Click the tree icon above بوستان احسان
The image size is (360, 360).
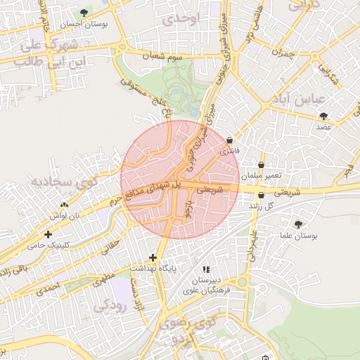85,13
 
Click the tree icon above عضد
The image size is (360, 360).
323,116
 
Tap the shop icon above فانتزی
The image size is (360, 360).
230,141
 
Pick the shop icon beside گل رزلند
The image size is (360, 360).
262,195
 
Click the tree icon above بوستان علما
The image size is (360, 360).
299,225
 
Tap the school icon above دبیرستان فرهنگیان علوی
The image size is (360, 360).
205,269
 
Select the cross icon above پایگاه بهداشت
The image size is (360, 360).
153,258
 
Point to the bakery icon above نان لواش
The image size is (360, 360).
55,205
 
